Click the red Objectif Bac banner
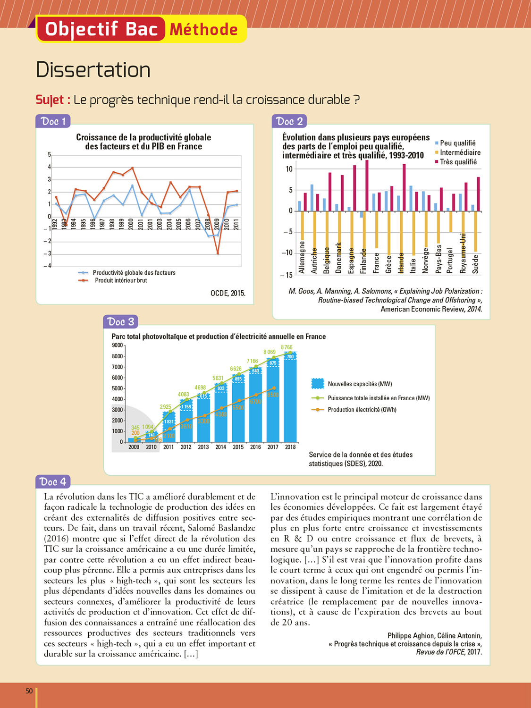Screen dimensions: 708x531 click(101, 29)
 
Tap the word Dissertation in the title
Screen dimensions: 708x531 click(93, 70)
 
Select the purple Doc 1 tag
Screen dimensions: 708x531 click(53, 121)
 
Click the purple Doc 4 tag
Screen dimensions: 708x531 click(53, 482)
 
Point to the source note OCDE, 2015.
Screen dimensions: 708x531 click(228, 293)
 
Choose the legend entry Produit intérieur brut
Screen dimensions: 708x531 click(121, 280)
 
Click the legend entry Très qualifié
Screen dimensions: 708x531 click(458, 162)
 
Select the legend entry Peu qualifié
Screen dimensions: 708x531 click(457, 143)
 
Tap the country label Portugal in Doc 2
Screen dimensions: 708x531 click(450, 261)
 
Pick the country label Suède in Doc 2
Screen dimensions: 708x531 click(475, 264)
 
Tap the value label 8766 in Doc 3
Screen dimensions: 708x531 click(287, 347)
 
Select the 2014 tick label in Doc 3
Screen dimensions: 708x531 click(220, 447)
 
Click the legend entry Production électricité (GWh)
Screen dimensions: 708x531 click(362, 410)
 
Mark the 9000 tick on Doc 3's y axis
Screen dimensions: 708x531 click(117, 346)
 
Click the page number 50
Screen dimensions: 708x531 click(29, 691)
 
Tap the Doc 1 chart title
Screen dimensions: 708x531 click(143, 142)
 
